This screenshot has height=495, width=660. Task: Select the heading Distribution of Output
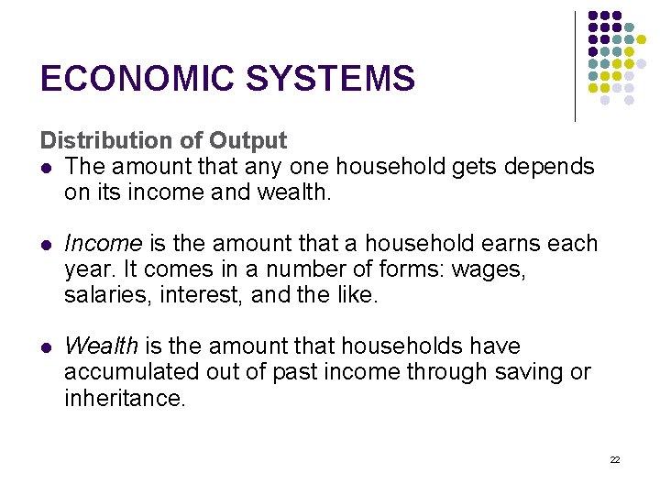point(163,140)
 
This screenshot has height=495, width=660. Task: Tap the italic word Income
point(103,244)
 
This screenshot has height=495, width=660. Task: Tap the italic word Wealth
point(101,346)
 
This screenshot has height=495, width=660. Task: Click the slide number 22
point(615,458)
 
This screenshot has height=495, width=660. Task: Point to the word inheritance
point(124,399)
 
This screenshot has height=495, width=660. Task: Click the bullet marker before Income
point(45,245)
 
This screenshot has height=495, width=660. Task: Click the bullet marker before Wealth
point(45,347)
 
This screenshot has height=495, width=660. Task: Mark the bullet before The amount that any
point(45,168)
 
